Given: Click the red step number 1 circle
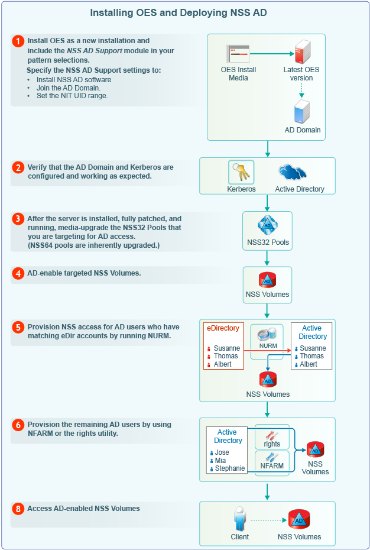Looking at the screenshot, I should (18, 41).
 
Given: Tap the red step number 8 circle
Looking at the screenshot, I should (18, 509).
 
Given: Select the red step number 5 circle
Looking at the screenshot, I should (18, 326).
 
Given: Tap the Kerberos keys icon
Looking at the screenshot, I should (241, 172).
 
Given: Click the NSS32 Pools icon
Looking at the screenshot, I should (267, 227).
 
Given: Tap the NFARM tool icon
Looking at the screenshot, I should (272, 457).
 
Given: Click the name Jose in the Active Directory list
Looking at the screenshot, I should (222, 452).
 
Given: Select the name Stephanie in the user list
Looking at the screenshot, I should (229, 468).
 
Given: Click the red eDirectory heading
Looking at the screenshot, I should (222, 328).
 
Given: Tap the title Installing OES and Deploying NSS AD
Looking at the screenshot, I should (184, 12).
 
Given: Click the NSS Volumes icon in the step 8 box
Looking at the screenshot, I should (299, 519).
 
